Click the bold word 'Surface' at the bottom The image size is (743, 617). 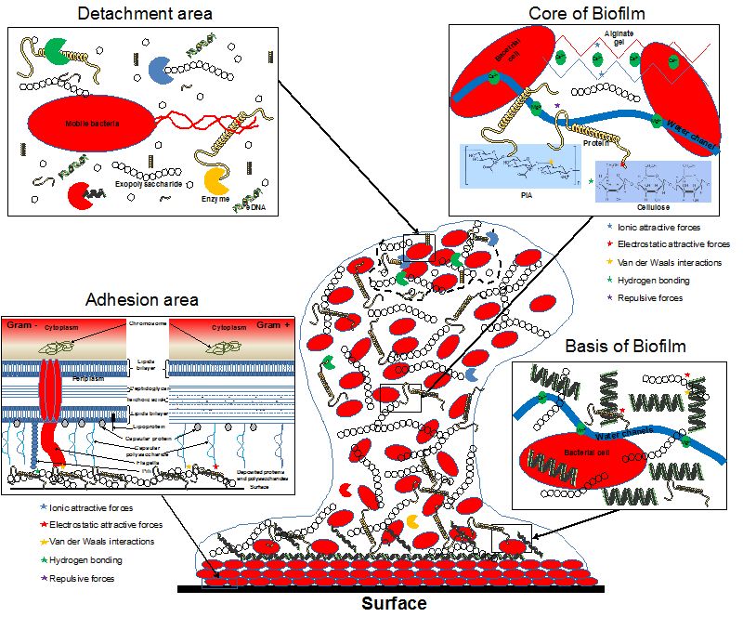click(x=393, y=604)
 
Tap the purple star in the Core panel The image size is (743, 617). click(x=556, y=108)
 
